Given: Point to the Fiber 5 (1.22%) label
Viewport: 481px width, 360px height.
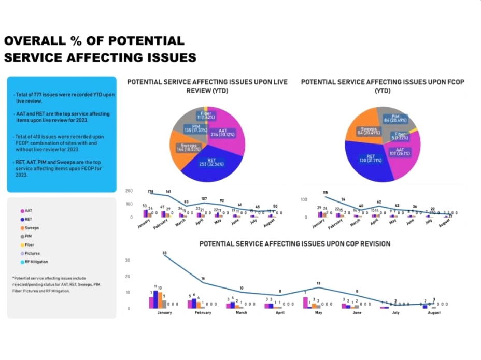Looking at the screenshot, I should click(401, 137).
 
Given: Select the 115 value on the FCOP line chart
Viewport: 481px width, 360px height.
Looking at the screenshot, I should click(325, 193).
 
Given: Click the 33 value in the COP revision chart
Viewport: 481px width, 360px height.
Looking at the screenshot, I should click(164, 253).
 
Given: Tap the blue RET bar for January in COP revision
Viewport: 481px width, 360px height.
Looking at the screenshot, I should click(155, 299).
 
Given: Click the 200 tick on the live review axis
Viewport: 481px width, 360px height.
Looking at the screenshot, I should click(130, 191).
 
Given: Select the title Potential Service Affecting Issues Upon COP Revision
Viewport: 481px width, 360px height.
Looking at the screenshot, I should click(295, 243).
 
